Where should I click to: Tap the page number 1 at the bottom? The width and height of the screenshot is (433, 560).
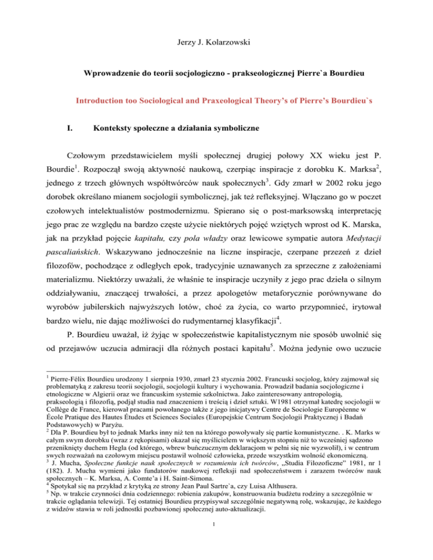pos(216,543)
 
